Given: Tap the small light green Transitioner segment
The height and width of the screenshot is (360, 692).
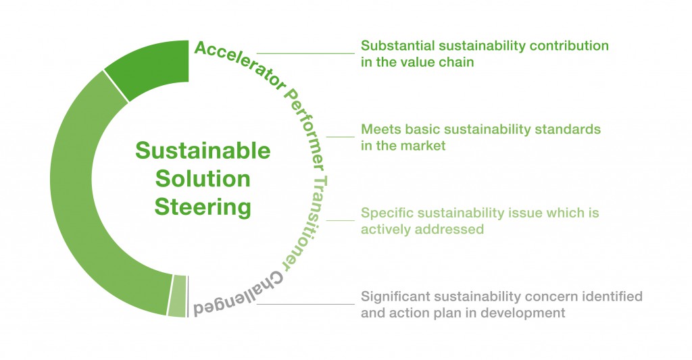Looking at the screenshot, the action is (x=178, y=296).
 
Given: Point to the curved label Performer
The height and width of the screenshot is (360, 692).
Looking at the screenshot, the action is (x=307, y=128).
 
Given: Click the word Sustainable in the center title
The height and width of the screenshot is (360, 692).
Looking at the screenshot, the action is (x=203, y=151).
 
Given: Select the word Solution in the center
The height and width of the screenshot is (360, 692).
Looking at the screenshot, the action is (x=203, y=179).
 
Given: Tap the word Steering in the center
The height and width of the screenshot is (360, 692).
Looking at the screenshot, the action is (x=203, y=207).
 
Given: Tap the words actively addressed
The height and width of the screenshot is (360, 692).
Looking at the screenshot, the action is (x=422, y=230).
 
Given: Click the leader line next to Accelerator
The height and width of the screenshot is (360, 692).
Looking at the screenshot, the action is (x=305, y=53).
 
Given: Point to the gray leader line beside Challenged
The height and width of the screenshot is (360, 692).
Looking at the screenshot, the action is (x=305, y=304).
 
